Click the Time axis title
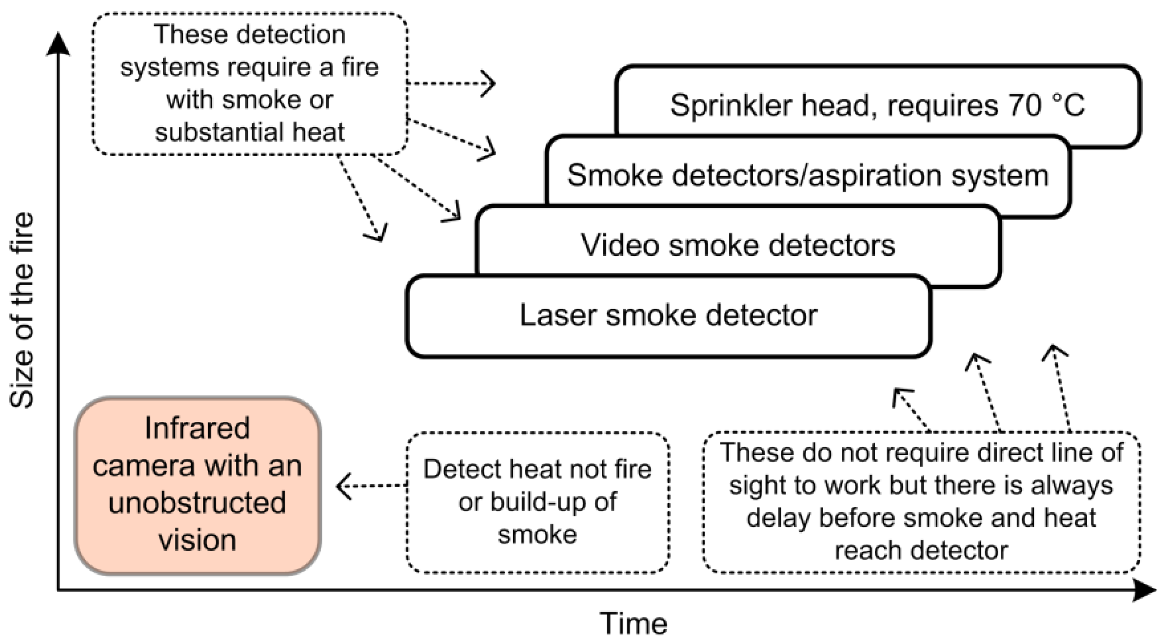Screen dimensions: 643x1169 (633, 623)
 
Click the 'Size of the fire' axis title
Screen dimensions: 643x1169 (22, 311)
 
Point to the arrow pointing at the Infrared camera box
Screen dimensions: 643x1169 (371, 486)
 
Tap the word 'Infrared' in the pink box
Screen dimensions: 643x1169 (198, 429)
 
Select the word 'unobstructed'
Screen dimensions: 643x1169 (198, 503)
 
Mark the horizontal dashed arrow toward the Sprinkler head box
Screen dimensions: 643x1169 (451, 83)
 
